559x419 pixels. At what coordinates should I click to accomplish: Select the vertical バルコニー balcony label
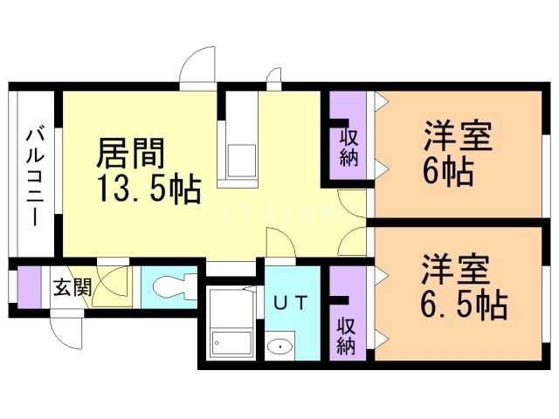(37, 175)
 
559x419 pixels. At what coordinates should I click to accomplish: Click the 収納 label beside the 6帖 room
(349, 147)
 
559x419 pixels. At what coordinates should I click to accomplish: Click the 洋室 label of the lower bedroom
(459, 270)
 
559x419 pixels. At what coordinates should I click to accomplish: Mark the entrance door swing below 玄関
(67, 330)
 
